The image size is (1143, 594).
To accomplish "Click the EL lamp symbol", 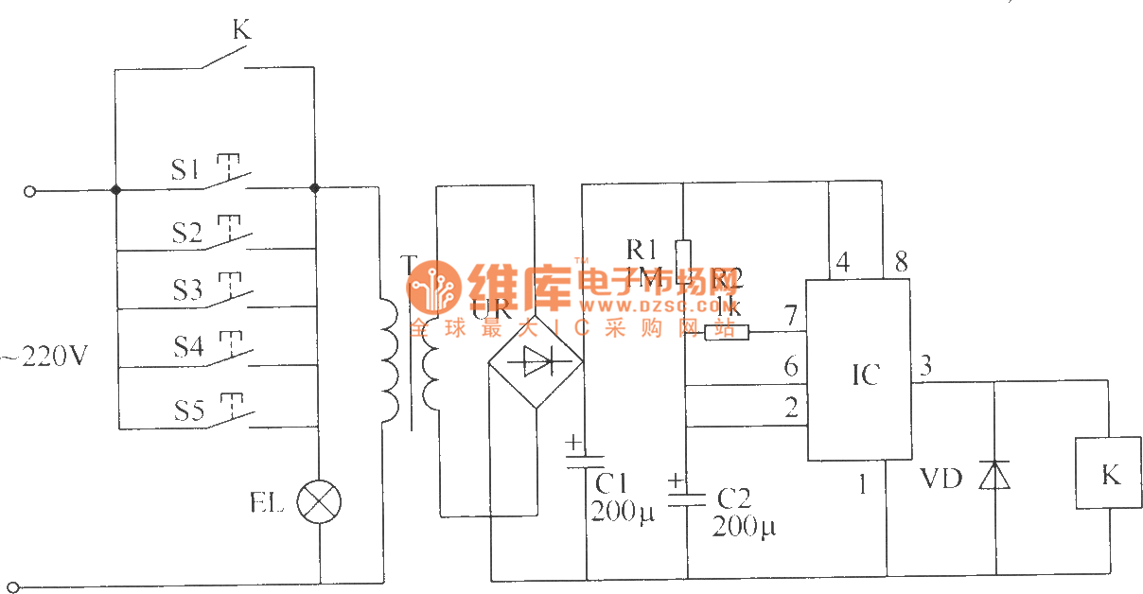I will (319, 502).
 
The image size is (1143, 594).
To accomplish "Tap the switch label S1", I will (186, 170).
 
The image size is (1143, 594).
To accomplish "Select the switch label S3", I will (187, 289).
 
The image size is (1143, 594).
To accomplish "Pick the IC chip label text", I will (865, 375).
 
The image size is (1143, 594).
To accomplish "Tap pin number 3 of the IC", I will (926, 365).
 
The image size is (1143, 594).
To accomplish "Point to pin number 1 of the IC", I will (862, 485).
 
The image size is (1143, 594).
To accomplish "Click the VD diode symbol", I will (994, 476).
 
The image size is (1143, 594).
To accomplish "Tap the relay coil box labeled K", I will (1109, 474).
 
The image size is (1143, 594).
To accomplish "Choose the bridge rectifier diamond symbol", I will (535, 360).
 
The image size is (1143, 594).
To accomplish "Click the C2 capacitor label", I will (734, 498).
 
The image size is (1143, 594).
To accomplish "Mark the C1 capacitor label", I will (613, 484).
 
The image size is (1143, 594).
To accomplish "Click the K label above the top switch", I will (241, 30).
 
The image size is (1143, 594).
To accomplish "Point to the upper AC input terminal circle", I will (29, 191).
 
